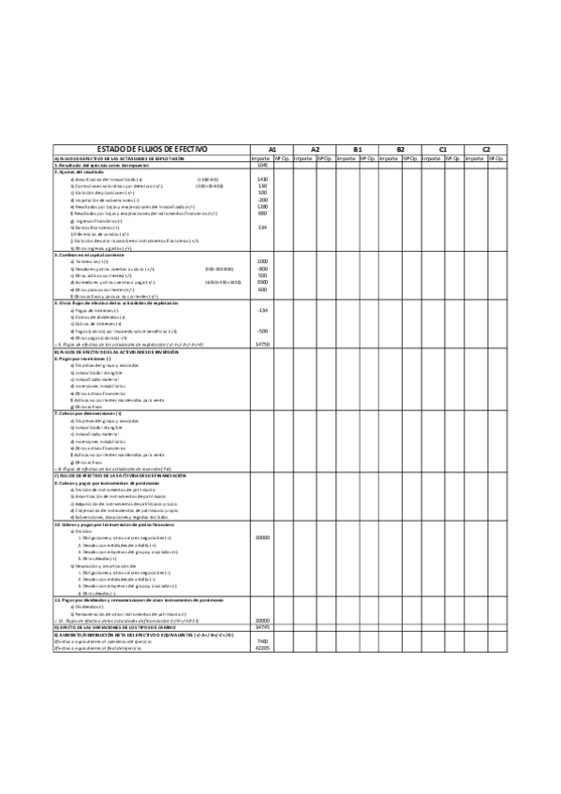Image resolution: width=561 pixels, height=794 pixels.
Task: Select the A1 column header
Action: pos(273,150)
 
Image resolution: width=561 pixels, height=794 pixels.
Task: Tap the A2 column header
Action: pos(315,150)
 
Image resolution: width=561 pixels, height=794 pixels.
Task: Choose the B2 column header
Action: pos(400,150)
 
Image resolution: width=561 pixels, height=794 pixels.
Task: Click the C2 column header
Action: pos(485,150)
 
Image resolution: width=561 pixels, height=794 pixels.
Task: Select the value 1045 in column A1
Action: pos(263,165)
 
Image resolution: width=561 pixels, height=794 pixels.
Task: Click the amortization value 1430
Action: pos(262,179)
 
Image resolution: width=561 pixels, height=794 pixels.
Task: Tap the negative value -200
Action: pos(262,199)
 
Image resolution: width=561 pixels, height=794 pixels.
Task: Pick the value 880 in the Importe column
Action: pos(262,213)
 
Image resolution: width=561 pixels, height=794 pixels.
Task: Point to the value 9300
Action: pos(262,282)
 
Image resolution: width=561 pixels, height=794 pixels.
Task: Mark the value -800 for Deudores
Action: pos(262,268)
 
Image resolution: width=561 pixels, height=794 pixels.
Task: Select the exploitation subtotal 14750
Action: pos(262,344)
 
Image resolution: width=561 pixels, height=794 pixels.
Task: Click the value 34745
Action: pos(262,626)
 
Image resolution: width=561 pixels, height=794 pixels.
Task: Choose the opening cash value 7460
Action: pos(262,640)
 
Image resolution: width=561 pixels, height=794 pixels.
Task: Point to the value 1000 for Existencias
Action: pos(262,261)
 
